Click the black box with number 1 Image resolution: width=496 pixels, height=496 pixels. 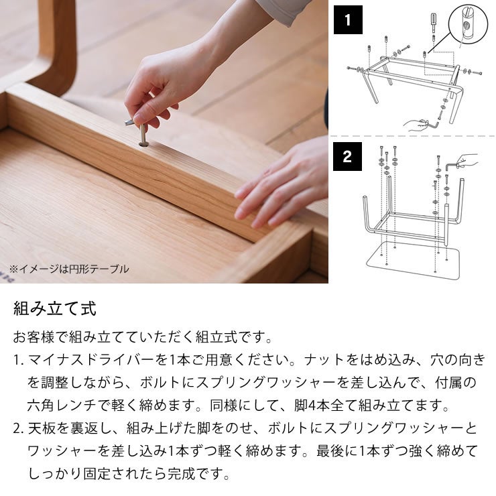(347, 20)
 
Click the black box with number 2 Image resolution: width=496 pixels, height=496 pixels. (347, 157)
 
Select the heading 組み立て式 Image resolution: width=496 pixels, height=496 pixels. (55, 309)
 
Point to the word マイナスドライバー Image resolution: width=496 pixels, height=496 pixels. (83, 361)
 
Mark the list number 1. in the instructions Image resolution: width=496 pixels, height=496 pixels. (18, 361)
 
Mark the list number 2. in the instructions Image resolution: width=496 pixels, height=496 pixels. (18, 429)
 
